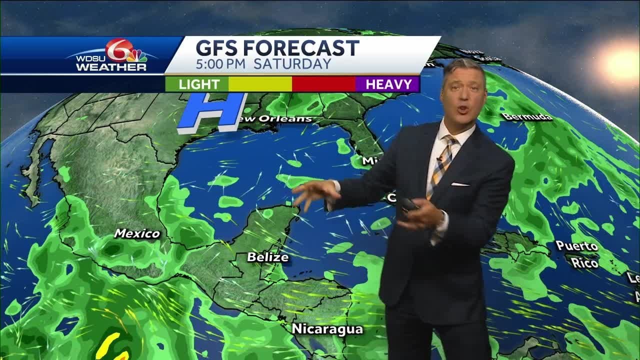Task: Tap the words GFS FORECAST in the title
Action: click(277, 48)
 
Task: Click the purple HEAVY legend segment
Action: click(388, 84)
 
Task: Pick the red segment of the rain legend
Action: click(323, 84)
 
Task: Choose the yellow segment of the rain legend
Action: click(260, 84)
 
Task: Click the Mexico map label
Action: click(137, 233)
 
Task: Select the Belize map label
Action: click(268, 257)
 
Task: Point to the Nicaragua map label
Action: click(327, 329)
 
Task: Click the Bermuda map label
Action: click(527, 117)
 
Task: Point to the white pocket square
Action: click(460, 184)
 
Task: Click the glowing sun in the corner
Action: click(620, 62)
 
